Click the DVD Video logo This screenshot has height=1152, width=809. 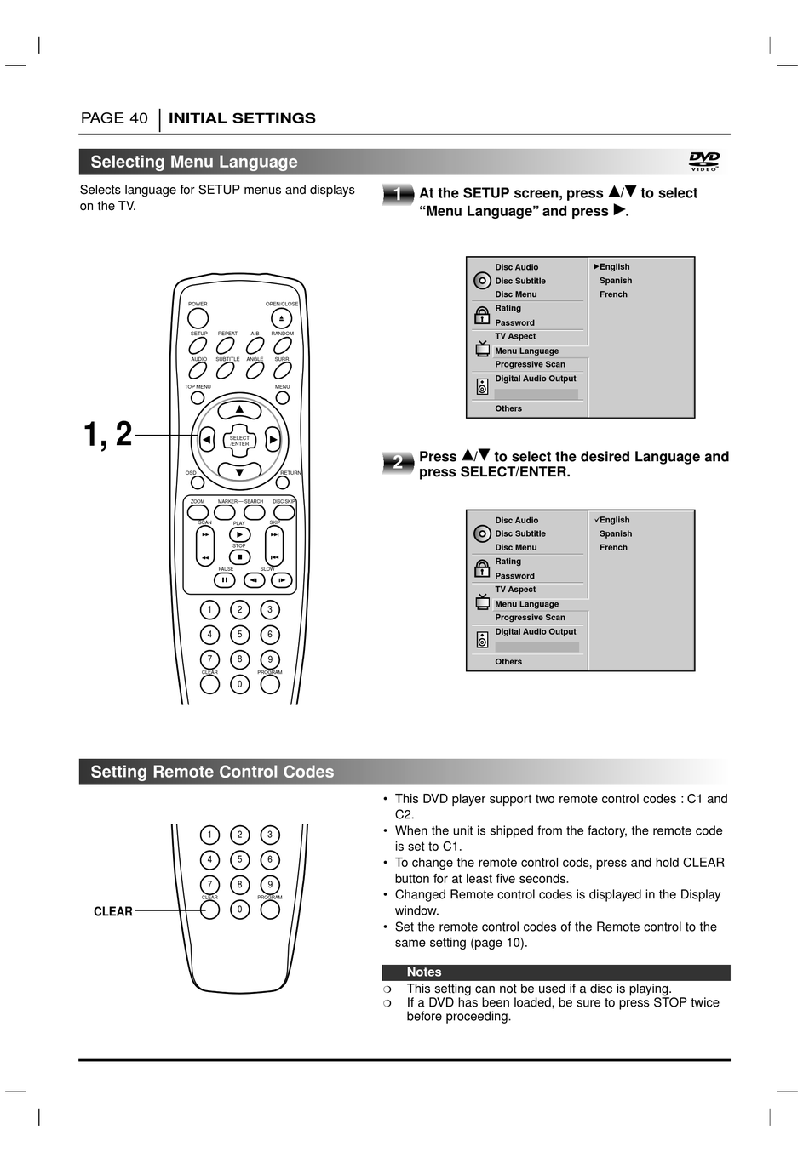704,161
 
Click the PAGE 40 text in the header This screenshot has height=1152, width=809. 114,118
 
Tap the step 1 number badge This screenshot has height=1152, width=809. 398,195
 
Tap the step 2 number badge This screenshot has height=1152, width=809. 398,462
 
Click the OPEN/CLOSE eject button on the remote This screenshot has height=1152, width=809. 281,319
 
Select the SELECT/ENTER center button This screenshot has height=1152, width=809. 239,441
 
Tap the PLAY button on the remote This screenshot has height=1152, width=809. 239,534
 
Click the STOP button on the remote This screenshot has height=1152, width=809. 239,557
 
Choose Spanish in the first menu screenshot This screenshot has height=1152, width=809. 615,281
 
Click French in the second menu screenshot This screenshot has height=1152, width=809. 613,548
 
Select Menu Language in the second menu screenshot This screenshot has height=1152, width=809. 526,604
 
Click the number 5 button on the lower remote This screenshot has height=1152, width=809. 239,859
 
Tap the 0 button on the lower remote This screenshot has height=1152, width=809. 239,910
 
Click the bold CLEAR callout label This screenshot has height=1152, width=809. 113,911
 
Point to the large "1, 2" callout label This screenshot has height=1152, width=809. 108,435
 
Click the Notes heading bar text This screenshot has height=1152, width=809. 423,972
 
